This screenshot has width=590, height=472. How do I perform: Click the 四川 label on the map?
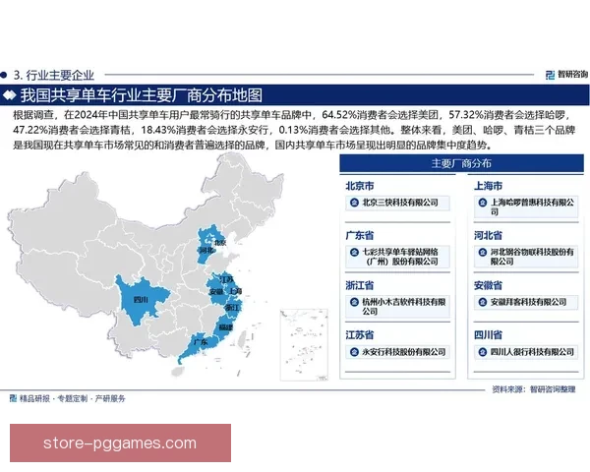pos(139,298)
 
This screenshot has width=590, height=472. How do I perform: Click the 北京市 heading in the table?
pos(360,185)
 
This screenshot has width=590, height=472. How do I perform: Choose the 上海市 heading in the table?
pos(484,185)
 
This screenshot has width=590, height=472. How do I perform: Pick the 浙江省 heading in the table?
pos(360,285)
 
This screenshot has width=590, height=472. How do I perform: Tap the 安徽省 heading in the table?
pos(484,285)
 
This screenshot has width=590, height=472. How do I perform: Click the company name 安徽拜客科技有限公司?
pos(527,302)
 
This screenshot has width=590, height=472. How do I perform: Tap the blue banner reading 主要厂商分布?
pos(461,164)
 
